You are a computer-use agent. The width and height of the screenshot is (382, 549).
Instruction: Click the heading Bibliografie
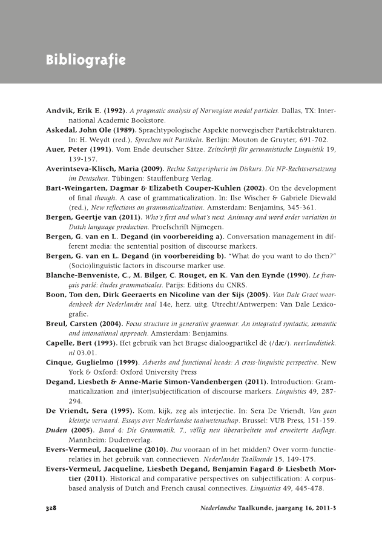point(85,61)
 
